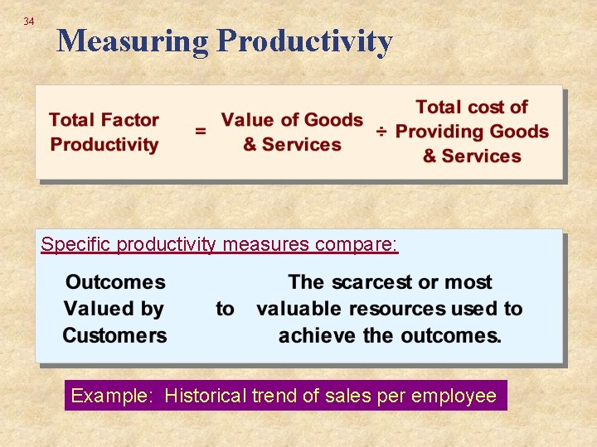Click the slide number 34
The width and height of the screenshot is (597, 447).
29,21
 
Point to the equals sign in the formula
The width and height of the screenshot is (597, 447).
200,131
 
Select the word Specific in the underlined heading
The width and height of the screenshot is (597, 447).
76,244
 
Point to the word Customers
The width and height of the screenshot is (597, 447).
114,335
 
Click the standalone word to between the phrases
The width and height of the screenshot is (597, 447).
225,309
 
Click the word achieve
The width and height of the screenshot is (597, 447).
318,335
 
